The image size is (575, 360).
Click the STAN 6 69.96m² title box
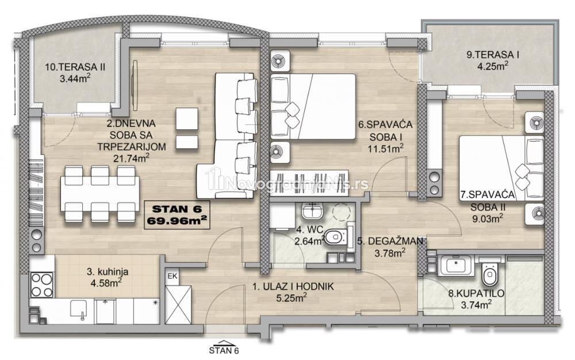[177, 215]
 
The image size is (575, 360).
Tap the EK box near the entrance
[172, 277]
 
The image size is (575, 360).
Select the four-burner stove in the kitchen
[41, 285]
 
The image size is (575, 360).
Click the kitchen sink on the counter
[79, 310]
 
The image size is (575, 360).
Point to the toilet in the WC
[336, 237]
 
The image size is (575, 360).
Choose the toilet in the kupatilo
[489, 273]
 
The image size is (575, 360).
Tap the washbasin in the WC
[312, 211]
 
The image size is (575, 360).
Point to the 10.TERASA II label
[75, 67]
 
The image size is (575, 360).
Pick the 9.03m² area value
[486, 219]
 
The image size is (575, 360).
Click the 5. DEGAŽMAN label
[390, 241]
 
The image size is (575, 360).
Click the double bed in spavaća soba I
[313, 106]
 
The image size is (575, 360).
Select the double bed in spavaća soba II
[501, 168]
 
